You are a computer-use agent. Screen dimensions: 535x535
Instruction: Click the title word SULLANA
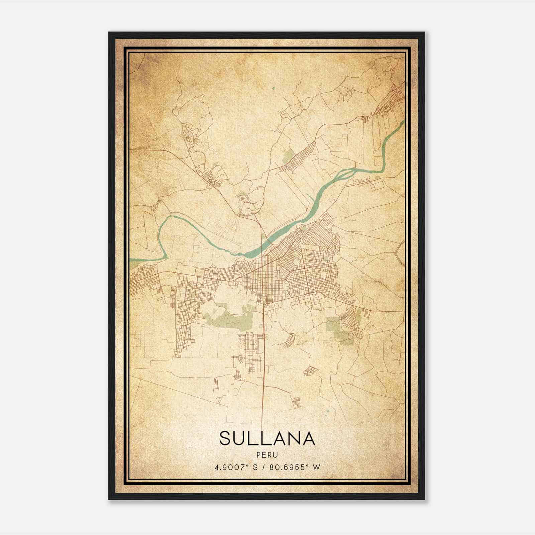point(267,438)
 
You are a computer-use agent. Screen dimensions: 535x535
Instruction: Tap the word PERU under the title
point(267,455)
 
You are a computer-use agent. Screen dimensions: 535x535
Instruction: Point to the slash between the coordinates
point(264,467)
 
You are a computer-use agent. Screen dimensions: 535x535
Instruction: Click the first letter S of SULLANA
point(226,438)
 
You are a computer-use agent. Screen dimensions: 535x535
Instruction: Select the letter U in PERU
point(275,455)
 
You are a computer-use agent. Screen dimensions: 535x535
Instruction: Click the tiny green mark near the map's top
point(273,88)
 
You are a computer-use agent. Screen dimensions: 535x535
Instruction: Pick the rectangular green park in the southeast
point(333,324)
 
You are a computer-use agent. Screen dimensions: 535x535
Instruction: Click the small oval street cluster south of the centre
point(290,340)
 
